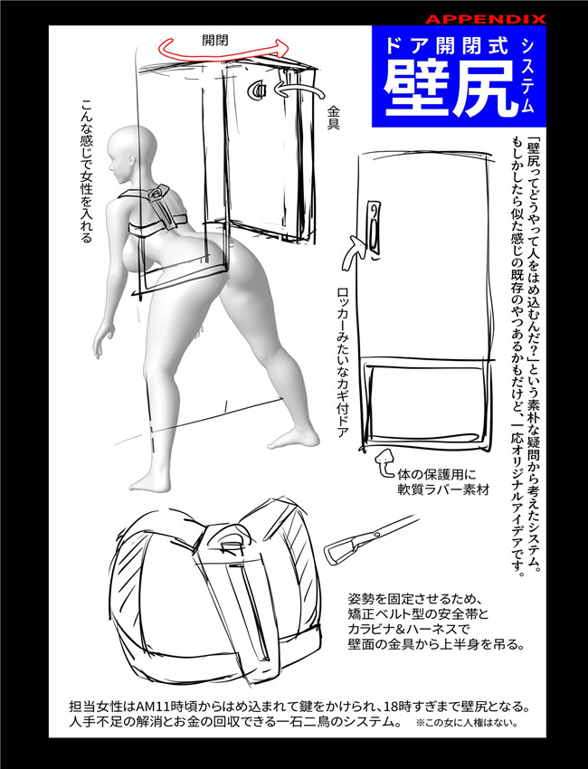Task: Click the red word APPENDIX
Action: point(485,19)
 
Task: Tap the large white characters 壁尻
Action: point(450,90)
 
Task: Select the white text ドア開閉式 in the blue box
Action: point(447,45)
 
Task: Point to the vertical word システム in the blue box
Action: point(527,75)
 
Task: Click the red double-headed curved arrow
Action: point(223,48)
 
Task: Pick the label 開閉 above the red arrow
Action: point(214,40)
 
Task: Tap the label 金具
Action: point(334,118)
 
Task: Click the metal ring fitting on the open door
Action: point(257,90)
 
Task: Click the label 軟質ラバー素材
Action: point(443,489)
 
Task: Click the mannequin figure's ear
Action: point(130,161)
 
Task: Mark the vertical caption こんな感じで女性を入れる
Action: point(87,172)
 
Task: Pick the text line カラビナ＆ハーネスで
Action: point(409,628)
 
